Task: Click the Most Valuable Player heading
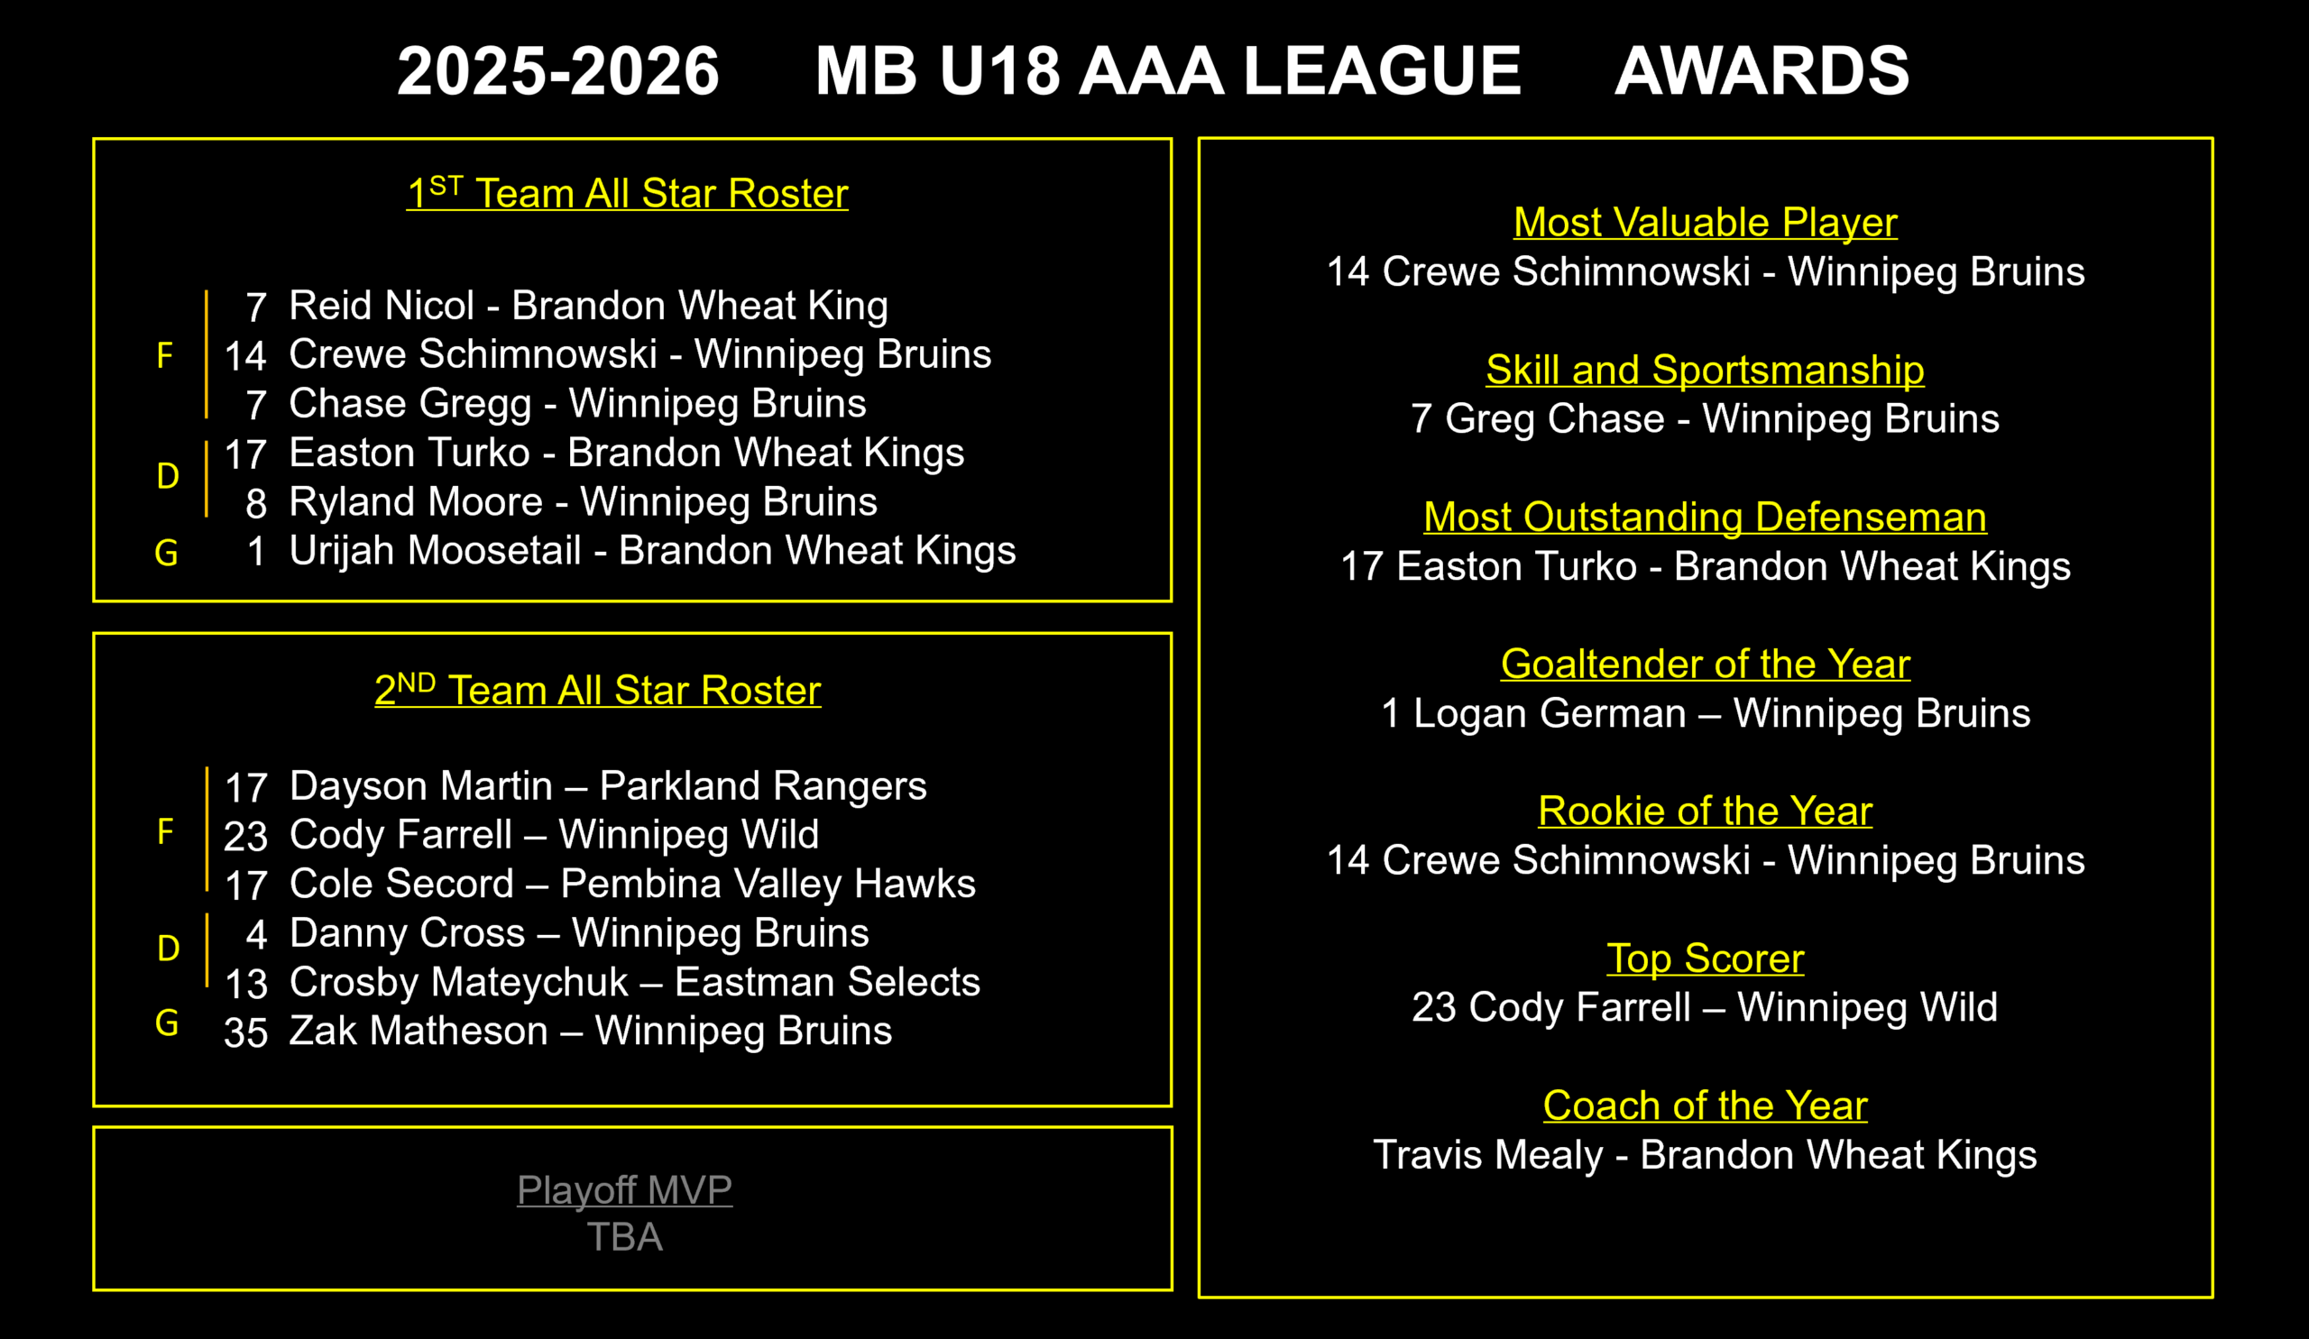pos(1706,223)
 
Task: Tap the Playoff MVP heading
pos(624,1190)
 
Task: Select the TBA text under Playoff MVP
pos(624,1237)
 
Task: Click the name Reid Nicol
pos(382,305)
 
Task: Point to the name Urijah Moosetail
pos(436,550)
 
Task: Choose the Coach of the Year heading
pos(1706,1105)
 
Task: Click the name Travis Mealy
pos(1488,1155)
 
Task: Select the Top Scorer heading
pos(1706,958)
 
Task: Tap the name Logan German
pos(1550,713)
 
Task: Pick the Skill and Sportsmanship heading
pos(1706,370)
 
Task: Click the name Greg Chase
pos(1555,418)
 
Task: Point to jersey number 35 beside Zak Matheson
pos(245,1033)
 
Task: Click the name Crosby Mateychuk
pos(459,982)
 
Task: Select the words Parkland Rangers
pos(763,785)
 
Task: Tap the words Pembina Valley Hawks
pos(768,884)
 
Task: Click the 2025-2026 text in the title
pos(558,70)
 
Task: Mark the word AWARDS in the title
pos(1762,70)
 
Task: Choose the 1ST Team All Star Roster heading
pos(628,192)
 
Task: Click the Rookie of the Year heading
pos(1706,812)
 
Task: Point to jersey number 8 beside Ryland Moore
pos(256,504)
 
